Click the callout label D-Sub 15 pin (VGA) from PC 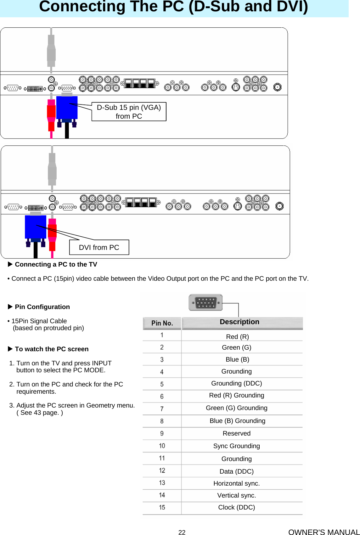tap(129, 112)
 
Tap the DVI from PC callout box tap(99, 247)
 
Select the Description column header tap(239, 322)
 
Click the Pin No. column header tap(162, 323)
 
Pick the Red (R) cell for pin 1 tap(237, 337)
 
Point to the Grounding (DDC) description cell tap(236, 383)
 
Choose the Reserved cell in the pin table tap(236, 433)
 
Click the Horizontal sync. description tap(236, 483)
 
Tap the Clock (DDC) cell tap(236, 507)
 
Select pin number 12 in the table tap(162, 470)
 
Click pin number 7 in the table tap(162, 409)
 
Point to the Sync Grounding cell tap(236, 446)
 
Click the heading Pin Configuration tap(42, 307)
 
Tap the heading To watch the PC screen tap(52, 349)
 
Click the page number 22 tap(182, 532)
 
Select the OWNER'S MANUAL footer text tap(323, 532)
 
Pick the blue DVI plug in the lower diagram tap(35, 227)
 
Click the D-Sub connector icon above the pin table tap(205, 303)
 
